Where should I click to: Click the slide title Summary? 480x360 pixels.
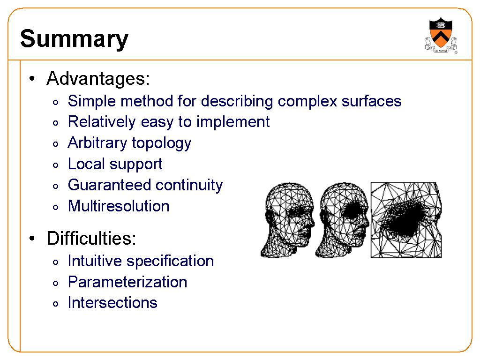click(74, 39)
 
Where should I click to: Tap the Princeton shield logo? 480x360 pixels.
click(441, 35)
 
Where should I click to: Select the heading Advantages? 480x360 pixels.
click(98, 79)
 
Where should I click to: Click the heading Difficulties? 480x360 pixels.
click(91, 238)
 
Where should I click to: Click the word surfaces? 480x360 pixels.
click(371, 101)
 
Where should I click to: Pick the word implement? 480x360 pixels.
click(233, 122)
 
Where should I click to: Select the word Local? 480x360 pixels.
click(86, 164)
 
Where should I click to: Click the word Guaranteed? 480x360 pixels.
click(110, 185)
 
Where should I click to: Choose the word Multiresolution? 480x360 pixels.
click(119, 206)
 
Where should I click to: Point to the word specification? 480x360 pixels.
click(170, 262)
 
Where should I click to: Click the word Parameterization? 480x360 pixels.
click(127, 282)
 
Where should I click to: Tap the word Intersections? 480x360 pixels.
click(112, 303)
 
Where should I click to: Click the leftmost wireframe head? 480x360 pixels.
click(288, 220)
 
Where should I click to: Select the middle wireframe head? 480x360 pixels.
click(342, 220)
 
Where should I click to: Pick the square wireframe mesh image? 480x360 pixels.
click(406, 220)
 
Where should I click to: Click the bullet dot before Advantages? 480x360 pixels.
click(32, 79)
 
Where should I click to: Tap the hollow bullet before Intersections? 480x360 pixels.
click(55, 304)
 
